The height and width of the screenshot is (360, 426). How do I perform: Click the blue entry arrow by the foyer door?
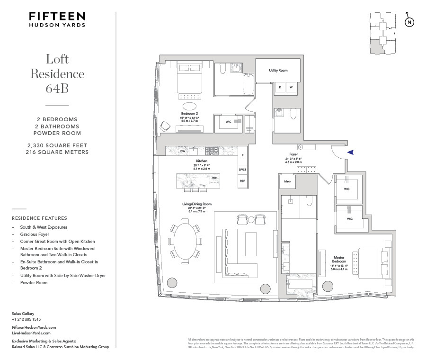click(x=350, y=152)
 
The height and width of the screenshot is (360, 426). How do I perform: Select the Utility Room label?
click(x=278, y=71)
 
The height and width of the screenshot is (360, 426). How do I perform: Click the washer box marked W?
click(x=291, y=87)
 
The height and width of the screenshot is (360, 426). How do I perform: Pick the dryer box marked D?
click(x=280, y=87)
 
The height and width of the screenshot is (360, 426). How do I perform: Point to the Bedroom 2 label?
click(x=190, y=114)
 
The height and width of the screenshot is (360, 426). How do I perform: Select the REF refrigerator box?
click(x=242, y=181)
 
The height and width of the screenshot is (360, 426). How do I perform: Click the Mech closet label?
click(x=287, y=181)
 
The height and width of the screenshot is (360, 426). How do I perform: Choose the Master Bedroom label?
click(x=339, y=259)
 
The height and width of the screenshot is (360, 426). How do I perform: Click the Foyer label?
click(x=293, y=154)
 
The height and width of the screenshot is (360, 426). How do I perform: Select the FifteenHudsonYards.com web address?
click(x=34, y=327)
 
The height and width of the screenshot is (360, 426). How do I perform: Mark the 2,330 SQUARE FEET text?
click(x=57, y=145)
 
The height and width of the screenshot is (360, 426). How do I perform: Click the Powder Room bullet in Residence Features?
click(x=34, y=282)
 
